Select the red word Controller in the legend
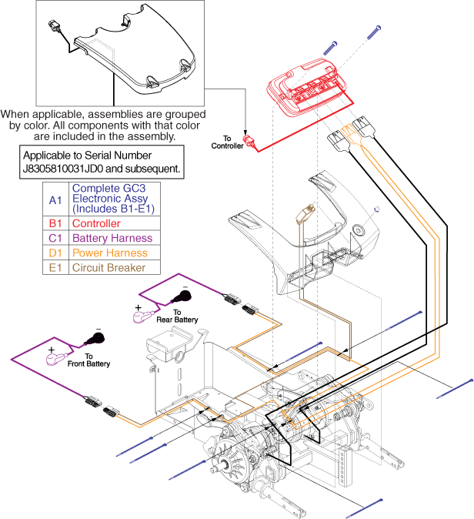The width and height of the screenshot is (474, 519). coord(96,224)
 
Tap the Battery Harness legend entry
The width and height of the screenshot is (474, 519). coord(111,238)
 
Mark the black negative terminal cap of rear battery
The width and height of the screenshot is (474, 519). coord(185,293)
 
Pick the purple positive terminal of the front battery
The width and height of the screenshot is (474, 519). coord(55,356)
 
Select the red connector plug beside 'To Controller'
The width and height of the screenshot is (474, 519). coord(249,142)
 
